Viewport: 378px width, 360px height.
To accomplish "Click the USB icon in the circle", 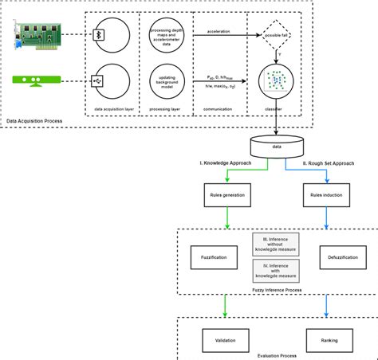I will [x=98, y=81].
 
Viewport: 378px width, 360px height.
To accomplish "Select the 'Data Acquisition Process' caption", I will [x=35, y=120].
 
